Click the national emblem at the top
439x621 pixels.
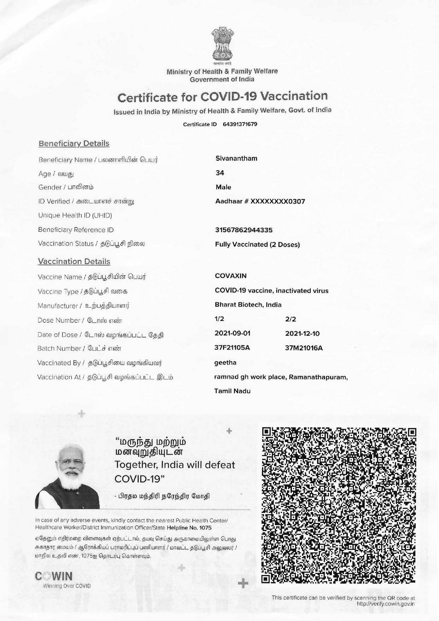pos(222,44)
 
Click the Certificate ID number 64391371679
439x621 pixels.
pos(240,124)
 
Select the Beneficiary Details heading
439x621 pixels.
pos(74,143)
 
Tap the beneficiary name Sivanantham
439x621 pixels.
pos(236,158)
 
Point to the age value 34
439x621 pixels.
pos(220,173)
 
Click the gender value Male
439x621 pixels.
pos(223,187)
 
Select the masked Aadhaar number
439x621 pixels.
pos(260,201)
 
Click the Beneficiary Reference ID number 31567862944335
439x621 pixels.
pos(244,230)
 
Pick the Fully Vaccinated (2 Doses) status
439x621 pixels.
pos(257,245)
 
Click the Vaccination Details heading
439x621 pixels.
pos(74,261)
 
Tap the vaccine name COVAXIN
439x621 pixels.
pos(231,276)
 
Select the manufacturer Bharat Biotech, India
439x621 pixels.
pos(248,305)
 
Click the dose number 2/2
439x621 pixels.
pos(291,319)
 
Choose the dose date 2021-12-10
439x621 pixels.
pos(303,333)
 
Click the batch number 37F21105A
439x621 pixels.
pos(232,348)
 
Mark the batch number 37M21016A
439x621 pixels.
pos(304,348)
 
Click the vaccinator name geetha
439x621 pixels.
pos(225,363)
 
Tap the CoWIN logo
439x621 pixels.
pos(54,576)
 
